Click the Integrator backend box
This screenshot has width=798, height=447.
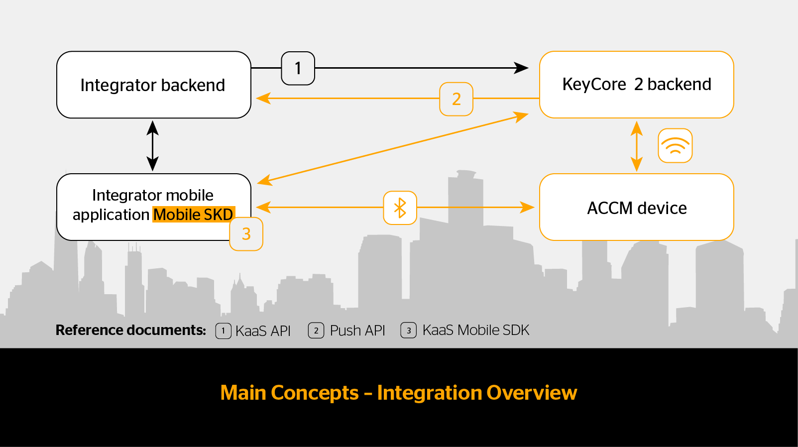pos(153,85)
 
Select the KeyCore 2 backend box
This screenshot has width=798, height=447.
pos(637,85)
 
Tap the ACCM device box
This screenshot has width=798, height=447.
pos(637,207)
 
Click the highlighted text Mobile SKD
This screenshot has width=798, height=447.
pos(194,215)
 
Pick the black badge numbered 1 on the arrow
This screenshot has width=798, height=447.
pos(298,68)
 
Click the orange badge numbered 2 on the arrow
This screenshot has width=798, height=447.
pos(456,99)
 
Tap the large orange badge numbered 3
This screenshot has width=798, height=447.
pos(246,234)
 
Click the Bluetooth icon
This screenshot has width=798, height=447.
pos(400,208)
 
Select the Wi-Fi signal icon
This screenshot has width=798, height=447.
pos(675,146)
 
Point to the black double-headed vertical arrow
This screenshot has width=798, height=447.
pos(152,146)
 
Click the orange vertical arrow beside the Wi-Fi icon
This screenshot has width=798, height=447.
pos(637,146)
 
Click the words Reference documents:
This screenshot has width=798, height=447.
pos(131,330)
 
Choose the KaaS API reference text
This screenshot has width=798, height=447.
pos(263,331)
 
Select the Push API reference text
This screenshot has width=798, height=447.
pos(357,331)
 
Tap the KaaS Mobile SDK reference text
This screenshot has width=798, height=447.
pos(475,330)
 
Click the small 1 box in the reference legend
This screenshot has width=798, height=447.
pos(224,331)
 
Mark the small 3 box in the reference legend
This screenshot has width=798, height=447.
pos(409,331)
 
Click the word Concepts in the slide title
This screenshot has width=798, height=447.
pos(315,393)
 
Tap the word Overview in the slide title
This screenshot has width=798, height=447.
pos(532,393)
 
